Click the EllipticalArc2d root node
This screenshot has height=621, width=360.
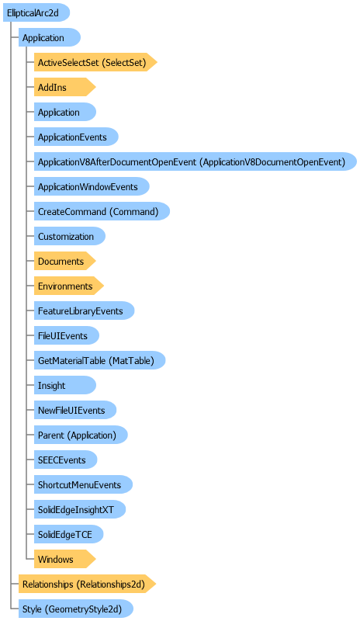[36, 12]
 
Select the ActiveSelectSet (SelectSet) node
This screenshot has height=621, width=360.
[95, 62]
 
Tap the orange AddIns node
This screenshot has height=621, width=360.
[64, 87]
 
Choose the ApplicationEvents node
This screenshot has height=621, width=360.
[76, 137]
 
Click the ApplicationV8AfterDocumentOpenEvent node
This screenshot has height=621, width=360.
[196, 161]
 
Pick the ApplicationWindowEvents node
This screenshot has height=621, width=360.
[92, 186]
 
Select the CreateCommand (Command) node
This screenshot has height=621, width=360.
[102, 211]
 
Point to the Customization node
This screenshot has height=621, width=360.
[70, 237]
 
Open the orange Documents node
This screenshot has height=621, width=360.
[64, 262]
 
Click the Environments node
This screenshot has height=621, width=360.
[68, 286]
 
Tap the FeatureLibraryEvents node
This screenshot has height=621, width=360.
[84, 311]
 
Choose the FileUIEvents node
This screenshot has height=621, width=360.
[67, 336]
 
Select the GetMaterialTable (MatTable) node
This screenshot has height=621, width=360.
[99, 360]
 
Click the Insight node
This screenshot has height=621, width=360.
[65, 385]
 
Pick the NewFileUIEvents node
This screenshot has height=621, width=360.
[75, 411]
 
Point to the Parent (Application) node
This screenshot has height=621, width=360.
[81, 435]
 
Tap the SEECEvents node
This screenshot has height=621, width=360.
[65, 460]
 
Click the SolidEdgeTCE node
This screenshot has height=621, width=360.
[68, 534]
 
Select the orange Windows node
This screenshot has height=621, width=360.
[64, 559]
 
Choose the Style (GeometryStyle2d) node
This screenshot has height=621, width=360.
[75, 609]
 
